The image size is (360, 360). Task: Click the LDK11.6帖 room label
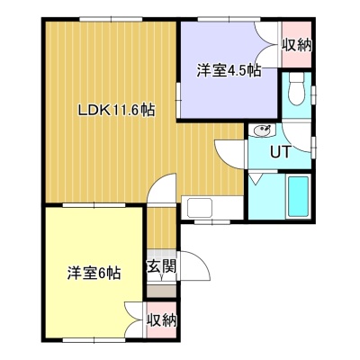click(x=116, y=110)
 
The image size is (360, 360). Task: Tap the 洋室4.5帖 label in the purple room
click(x=229, y=71)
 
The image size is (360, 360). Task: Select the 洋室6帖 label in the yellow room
click(x=94, y=273)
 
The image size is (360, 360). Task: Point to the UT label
click(x=281, y=151)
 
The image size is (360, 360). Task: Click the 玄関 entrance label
click(x=161, y=266)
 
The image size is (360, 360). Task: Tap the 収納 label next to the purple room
click(x=297, y=46)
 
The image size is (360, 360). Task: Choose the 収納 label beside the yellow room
click(x=162, y=320)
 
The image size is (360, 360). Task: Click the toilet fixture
click(x=296, y=88)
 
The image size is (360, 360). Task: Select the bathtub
click(x=298, y=196)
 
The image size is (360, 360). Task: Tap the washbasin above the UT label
click(x=264, y=130)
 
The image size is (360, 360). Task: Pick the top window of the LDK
click(x=111, y=19)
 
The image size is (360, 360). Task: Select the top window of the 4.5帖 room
click(x=229, y=19)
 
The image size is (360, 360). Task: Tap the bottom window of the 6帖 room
click(x=94, y=340)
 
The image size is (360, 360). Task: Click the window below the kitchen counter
click(x=212, y=222)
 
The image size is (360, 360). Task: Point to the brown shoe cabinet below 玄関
click(x=161, y=292)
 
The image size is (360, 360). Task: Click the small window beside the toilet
click(x=314, y=95)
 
